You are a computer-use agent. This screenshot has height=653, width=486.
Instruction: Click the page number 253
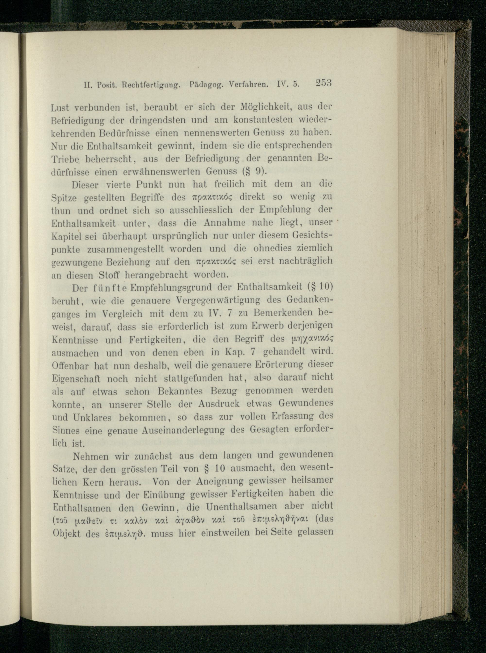[323, 83]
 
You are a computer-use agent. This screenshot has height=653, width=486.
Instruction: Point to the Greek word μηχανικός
[311, 340]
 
